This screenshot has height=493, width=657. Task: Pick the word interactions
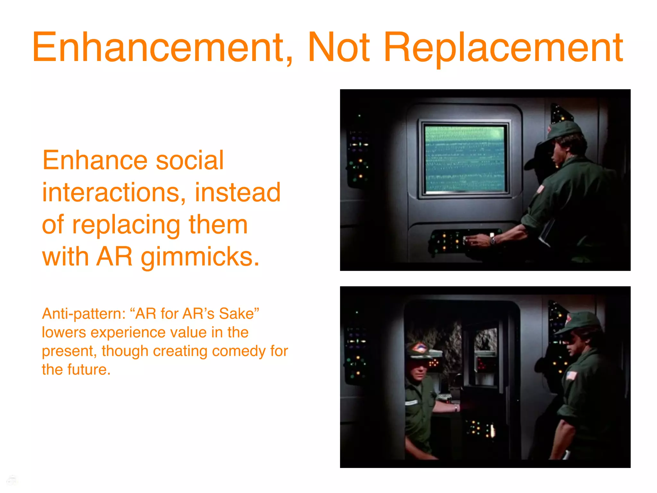coord(114,193)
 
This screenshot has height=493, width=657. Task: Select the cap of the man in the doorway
coord(419,350)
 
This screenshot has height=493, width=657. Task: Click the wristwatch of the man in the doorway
coord(456,408)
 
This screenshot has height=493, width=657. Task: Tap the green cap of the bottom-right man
coord(581,323)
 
